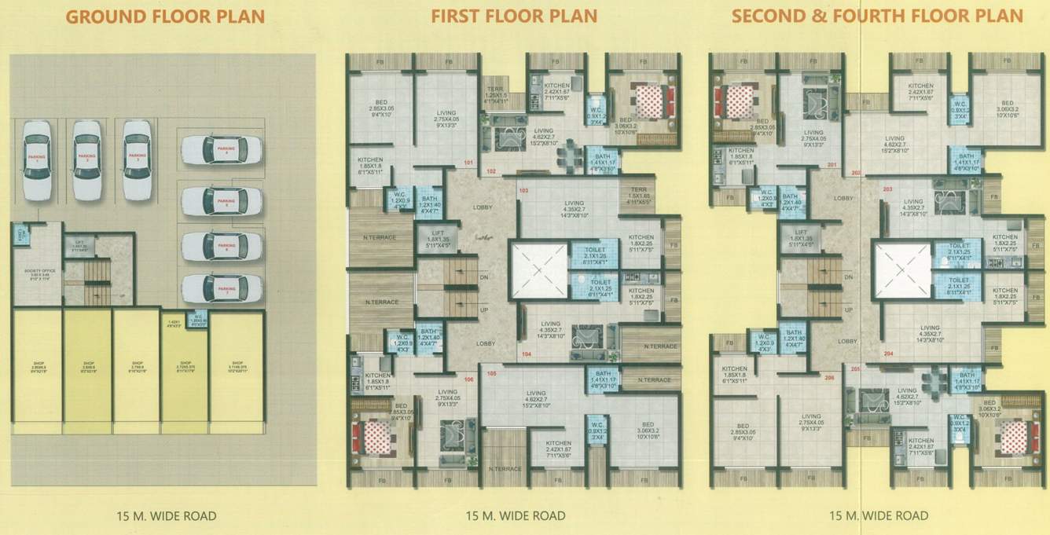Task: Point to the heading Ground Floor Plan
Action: coord(165,16)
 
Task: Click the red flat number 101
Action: coord(469,163)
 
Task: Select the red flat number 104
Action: coord(525,355)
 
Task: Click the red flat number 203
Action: coord(887,190)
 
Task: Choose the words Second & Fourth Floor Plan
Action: coord(877,16)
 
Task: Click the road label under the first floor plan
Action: coord(516,516)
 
